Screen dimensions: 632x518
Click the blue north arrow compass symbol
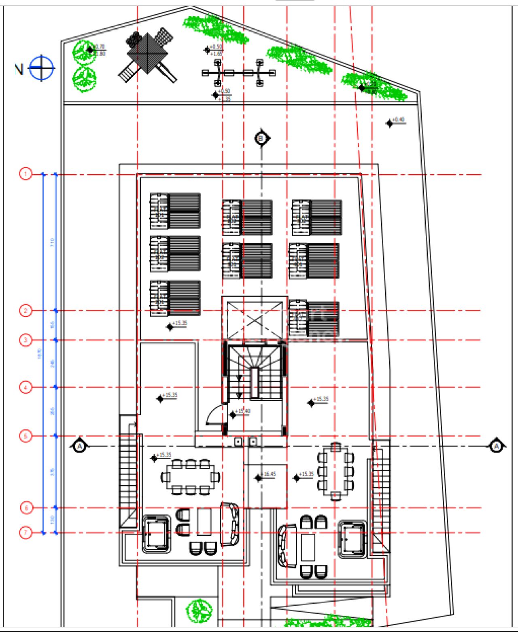41,68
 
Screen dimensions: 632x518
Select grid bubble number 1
25,174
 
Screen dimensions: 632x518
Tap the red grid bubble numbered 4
25,387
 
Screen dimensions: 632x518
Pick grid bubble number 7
25,532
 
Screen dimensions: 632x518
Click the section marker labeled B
262,138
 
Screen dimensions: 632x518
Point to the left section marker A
80,446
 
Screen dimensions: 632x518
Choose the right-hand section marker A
496,446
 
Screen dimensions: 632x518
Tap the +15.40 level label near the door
242,412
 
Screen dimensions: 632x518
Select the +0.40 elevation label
398,120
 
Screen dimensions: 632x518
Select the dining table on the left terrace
190,477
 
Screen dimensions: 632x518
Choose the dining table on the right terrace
335,471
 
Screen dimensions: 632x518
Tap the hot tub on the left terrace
156,534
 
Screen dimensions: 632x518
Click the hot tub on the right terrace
352,539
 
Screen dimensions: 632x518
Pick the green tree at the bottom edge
199,610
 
